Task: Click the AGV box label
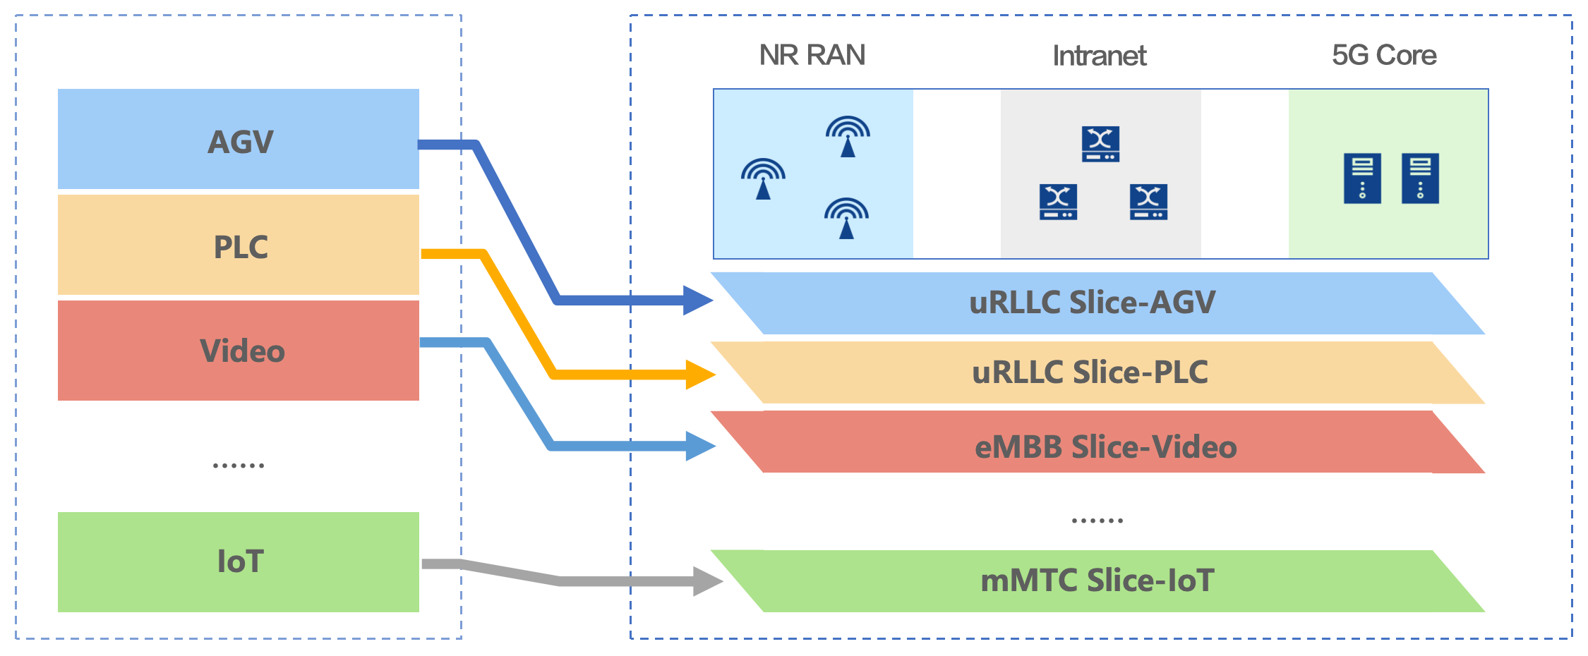(x=240, y=142)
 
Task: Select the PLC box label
(x=241, y=248)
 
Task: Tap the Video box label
(x=242, y=351)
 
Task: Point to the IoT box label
(x=240, y=562)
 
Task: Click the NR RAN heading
(x=812, y=55)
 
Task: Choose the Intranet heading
(x=1099, y=56)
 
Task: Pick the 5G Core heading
(x=1383, y=55)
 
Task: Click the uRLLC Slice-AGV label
(x=1092, y=303)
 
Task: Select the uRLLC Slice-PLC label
(x=1090, y=372)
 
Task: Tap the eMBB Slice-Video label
(x=1105, y=447)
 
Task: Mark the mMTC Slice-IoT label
(x=1097, y=581)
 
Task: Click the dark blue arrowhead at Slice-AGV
(x=697, y=300)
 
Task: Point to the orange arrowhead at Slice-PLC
(x=700, y=375)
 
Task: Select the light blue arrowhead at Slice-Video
(x=700, y=446)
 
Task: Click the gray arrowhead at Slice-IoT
(x=707, y=581)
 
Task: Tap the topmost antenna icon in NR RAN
(x=848, y=136)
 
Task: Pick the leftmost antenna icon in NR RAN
(x=763, y=178)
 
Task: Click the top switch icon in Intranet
(x=1100, y=144)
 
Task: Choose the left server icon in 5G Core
(x=1362, y=178)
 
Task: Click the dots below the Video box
(x=239, y=466)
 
